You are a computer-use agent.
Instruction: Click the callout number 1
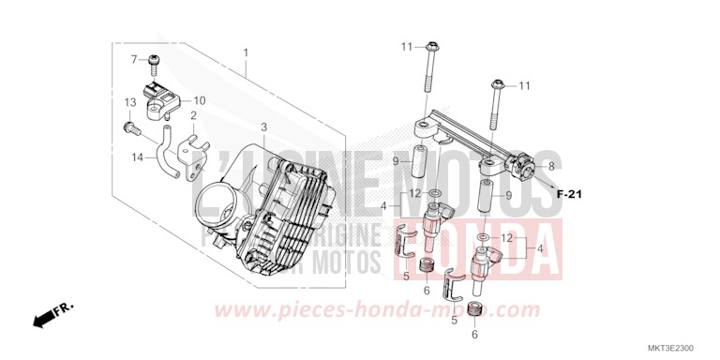point(246,52)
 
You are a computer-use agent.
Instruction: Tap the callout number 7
point(135,59)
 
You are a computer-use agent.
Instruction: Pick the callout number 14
point(137,157)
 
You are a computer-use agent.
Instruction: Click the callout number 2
point(194,116)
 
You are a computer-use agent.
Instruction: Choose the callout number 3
point(264,126)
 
